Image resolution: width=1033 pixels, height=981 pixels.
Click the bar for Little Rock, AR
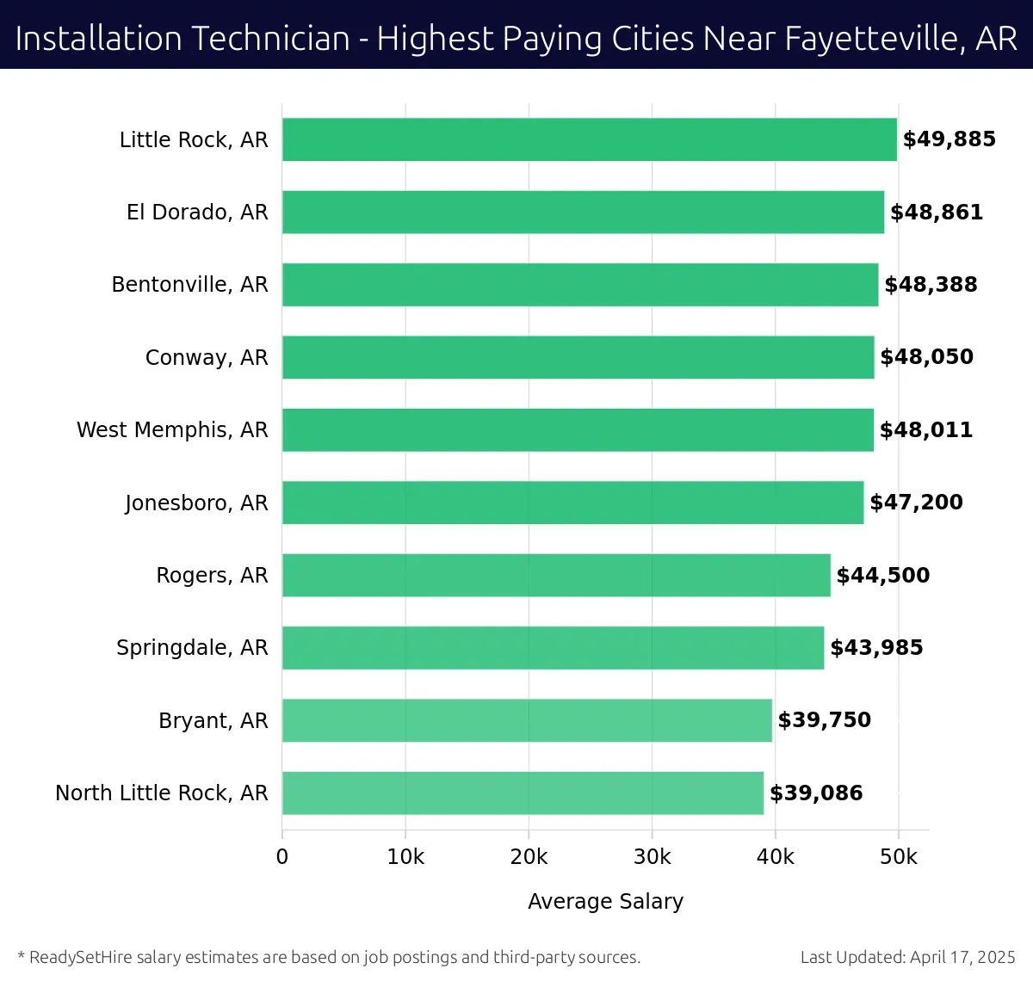(x=590, y=139)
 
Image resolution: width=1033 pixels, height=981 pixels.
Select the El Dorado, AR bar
(x=583, y=212)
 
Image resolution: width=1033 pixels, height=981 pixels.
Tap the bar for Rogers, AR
(x=556, y=575)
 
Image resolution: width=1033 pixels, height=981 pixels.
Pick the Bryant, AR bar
(x=527, y=720)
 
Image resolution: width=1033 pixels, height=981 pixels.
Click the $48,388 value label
(x=931, y=285)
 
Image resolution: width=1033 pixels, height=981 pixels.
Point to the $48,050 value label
(x=926, y=357)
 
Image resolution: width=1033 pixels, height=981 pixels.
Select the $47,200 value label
(x=916, y=503)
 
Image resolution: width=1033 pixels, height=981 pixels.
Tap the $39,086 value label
(x=816, y=793)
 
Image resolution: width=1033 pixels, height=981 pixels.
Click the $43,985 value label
(x=876, y=648)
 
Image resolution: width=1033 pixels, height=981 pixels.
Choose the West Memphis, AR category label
(x=172, y=430)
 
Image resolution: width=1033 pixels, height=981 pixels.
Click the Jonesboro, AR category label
(x=196, y=503)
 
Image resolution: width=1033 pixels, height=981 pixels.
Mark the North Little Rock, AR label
(x=162, y=793)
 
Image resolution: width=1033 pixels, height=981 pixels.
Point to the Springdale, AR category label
(x=192, y=648)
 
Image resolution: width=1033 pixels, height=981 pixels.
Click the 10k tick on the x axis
(x=405, y=857)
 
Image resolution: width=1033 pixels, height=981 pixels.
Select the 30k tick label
(x=652, y=857)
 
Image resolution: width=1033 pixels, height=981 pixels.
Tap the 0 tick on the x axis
(x=282, y=857)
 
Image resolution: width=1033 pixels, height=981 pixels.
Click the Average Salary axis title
(x=605, y=902)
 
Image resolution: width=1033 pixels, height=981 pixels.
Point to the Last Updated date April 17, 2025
(x=962, y=957)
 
